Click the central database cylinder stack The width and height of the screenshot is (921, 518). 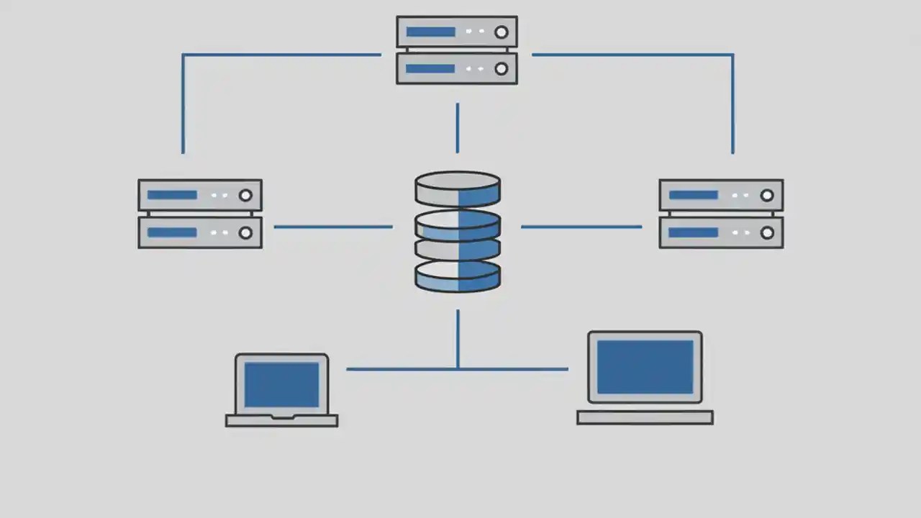pos(458,231)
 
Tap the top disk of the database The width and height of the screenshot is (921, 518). pos(458,188)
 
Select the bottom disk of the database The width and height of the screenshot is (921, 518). pos(458,276)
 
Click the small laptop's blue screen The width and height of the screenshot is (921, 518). pos(281,385)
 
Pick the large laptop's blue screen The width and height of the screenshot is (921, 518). pos(645,367)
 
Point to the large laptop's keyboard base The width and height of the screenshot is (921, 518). pos(645,417)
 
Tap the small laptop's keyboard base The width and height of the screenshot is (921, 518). pos(281,420)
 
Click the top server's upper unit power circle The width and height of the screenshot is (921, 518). pos(502,32)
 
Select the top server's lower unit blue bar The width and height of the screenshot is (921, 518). pos(430,69)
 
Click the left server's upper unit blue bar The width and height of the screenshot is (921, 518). pos(172,195)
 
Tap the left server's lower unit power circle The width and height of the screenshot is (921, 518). pos(245,233)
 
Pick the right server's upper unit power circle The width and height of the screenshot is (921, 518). pos(767,195)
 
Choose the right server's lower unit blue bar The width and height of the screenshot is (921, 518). pos(694,233)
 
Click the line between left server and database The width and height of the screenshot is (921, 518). pos(333,227)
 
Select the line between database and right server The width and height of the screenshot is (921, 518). pos(581,227)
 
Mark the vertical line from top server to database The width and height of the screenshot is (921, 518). pos(457,128)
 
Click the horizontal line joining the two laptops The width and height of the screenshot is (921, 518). pos(403,369)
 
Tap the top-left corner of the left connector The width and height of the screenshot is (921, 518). pos(183,55)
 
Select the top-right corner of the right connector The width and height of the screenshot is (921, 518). pos(732,55)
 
